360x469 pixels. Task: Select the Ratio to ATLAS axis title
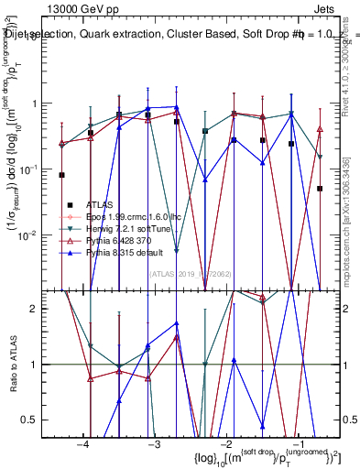click(12, 364)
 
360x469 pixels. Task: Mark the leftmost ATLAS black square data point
click(62, 175)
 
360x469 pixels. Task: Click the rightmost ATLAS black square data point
click(320, 189)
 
